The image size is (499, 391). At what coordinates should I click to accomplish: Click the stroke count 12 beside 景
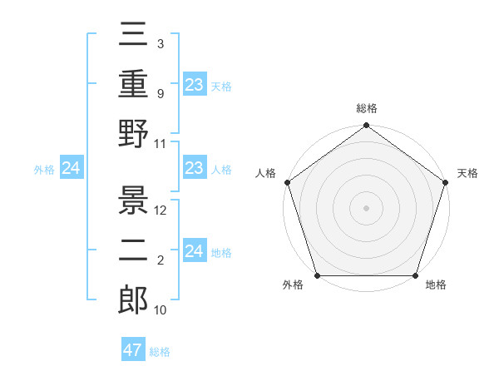pyautogui.click(x=161, y=210)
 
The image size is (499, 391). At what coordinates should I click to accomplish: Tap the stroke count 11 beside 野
pyautogui.click(x=161, y=143)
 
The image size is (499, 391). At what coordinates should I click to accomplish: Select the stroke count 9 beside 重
pyautogui.click(x=161, y=93)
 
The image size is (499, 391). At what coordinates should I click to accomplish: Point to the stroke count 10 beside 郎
pyautogui.click(x=161, y=309)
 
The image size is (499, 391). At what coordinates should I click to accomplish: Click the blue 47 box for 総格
pyautogui.click(x=133, y=350)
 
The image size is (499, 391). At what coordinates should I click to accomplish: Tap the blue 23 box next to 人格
pyautogui.click(x=194, y=169)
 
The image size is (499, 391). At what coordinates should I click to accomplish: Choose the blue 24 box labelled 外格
pyautogui.click(x=71, y=169)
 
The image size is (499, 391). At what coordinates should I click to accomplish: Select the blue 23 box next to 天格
pyautogui.click(x=194, y=85)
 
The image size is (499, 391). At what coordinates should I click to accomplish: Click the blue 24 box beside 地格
pyautogui.click(x=194, y=251)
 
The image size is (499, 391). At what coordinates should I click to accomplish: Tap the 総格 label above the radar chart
pyautogui.click(x=366, y=108)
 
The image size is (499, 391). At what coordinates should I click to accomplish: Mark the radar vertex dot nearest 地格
pyautogui.click(x=416, y=275)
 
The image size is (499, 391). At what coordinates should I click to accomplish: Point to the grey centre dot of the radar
pyautogui.click(x=366, y=207)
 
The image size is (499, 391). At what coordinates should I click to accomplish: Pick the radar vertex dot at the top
pyautogui.click(x=366, y=126)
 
